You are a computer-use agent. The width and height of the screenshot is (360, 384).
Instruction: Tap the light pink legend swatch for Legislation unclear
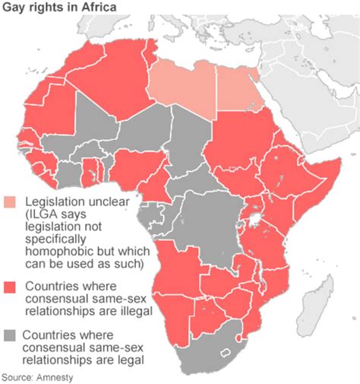[10, 202]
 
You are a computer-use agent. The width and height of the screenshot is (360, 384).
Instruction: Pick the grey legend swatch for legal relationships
[10, 335]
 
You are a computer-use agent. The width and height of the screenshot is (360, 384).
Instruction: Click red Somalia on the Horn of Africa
[319, 186]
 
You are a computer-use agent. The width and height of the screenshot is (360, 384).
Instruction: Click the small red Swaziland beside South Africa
[242, 337]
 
